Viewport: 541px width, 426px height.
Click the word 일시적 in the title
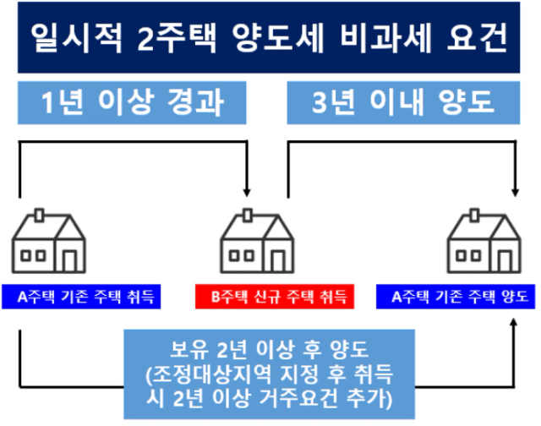click(x=76, y=37)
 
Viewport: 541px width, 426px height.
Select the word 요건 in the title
click(x=477, y=37)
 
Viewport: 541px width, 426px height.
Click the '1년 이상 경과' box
click(x=132, y=103)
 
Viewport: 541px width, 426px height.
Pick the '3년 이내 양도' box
click(x=403, y=103)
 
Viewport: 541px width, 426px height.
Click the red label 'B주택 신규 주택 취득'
click(x=275, y=297)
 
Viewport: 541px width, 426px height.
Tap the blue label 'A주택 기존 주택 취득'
click(x=81, y=297)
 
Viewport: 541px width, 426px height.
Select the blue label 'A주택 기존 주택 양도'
click(x=456, y=297)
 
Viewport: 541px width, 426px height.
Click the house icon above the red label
click(x=257, y=241)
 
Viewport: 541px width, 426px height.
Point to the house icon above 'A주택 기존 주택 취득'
click(x=49, y=241)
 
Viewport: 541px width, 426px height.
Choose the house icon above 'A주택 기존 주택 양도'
click(x=484, y=241)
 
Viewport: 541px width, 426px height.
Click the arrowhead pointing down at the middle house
click(x=246, y=193)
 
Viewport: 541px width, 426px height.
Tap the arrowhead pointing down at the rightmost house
click(x=515, y=193)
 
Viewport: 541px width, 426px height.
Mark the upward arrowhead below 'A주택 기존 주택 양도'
click(x=514, y=323)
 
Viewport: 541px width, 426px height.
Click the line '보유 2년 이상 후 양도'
click(x=270, y=349)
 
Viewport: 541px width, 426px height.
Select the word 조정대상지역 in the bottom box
click(x=211, y=374)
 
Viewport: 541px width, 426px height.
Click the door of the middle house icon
click(x=278, y=261)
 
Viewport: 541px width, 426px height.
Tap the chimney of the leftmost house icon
click(x=40, y=215)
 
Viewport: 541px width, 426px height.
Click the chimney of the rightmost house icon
click(x=474, y=215)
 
